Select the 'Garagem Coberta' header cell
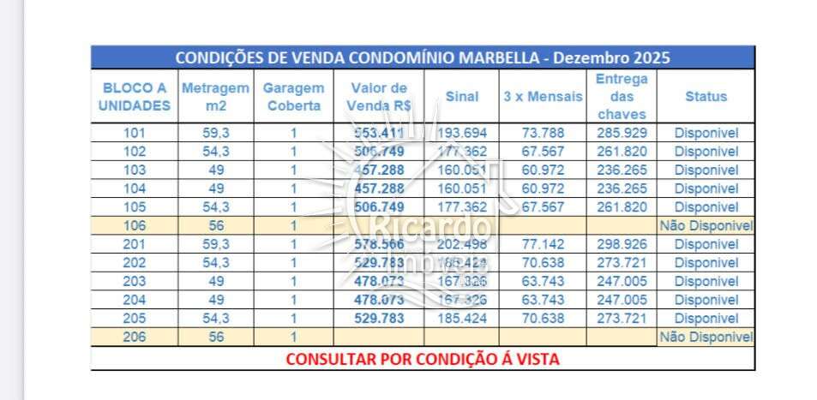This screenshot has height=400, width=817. (x=293, y=96)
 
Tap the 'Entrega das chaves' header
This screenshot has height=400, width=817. (x=622, y=96)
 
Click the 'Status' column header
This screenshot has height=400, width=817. (x=706, y=96)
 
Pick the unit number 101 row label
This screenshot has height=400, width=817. (x=135, y=133)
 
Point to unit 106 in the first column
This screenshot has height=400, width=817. (x=135, y=226)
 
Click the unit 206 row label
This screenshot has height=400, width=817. (x=135, y=337)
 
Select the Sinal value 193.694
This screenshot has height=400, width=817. (x=461, y=133)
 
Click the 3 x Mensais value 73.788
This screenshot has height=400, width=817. (x=543, y=133)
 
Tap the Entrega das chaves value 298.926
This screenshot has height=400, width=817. (x=622, y=245)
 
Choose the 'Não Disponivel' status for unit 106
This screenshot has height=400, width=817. (x=706, y=226)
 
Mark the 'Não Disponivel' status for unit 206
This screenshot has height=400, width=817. (x=706, y=337)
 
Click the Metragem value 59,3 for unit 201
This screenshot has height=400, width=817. (x=216, y=245)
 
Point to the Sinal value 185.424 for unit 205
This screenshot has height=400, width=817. (x=461, y=319)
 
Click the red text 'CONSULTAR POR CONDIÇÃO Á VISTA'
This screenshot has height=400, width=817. (x=422, y=359)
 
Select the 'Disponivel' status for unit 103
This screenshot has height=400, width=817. (x=706, y=170)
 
